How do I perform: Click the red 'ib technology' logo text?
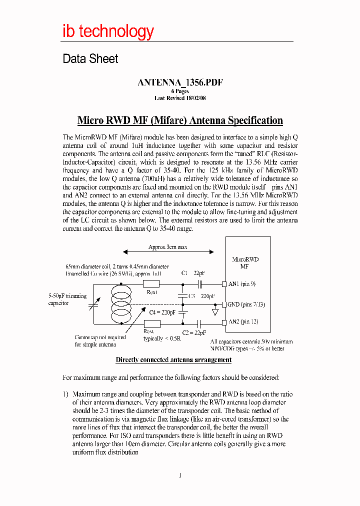[x=108, y=31]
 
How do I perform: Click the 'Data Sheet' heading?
[x=90, y=59]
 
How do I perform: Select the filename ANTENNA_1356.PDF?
[x=180, y=83]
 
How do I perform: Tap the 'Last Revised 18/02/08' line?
[x=180, y=98]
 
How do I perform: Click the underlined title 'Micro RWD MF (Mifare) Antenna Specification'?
[x=180, y=120]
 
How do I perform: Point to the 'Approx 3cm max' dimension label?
[x=168, y=247]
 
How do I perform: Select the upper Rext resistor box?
[x=151, y=284]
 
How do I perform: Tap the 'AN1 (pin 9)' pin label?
[x=242, y=284]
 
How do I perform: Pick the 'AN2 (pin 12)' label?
[x=243, y=322]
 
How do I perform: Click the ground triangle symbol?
[x=215, y=311]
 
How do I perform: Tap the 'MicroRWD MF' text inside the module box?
[x=245, y=263]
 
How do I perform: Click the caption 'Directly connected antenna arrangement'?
[x=173, y=359]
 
